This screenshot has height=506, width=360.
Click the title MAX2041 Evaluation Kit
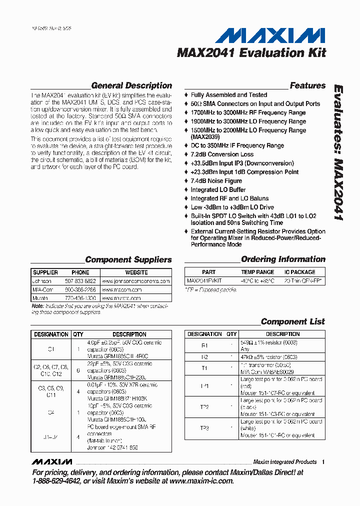(251, 53)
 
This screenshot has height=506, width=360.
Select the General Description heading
(131, 85)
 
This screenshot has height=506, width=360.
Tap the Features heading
(307, 85)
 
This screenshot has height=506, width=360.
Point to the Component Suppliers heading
(128, 259)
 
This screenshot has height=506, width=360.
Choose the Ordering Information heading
(283, 259)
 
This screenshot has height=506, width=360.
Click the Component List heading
(292, 321)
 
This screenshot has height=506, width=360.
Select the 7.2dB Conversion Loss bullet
(222, 154)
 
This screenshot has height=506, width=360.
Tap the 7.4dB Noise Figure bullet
(216, 181)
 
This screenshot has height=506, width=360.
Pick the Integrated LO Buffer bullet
(218, 190)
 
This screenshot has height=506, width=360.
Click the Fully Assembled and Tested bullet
(228, 95)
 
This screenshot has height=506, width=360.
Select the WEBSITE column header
(136, 272)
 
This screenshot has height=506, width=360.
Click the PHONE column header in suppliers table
(80, 272)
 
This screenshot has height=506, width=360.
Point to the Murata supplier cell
(41, 298)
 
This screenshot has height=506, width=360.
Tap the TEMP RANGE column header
(257, 272)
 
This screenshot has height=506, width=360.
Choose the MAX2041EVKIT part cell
(204, 281)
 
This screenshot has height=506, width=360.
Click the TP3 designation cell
(204, 428)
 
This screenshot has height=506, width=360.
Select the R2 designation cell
(204, 357)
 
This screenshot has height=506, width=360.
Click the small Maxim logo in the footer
(51, 461)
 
